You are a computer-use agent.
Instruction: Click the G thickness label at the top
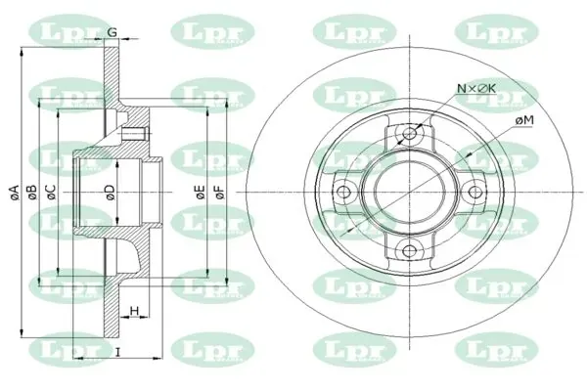tap(112, 32)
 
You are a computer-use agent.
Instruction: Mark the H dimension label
tap(135, 311)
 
